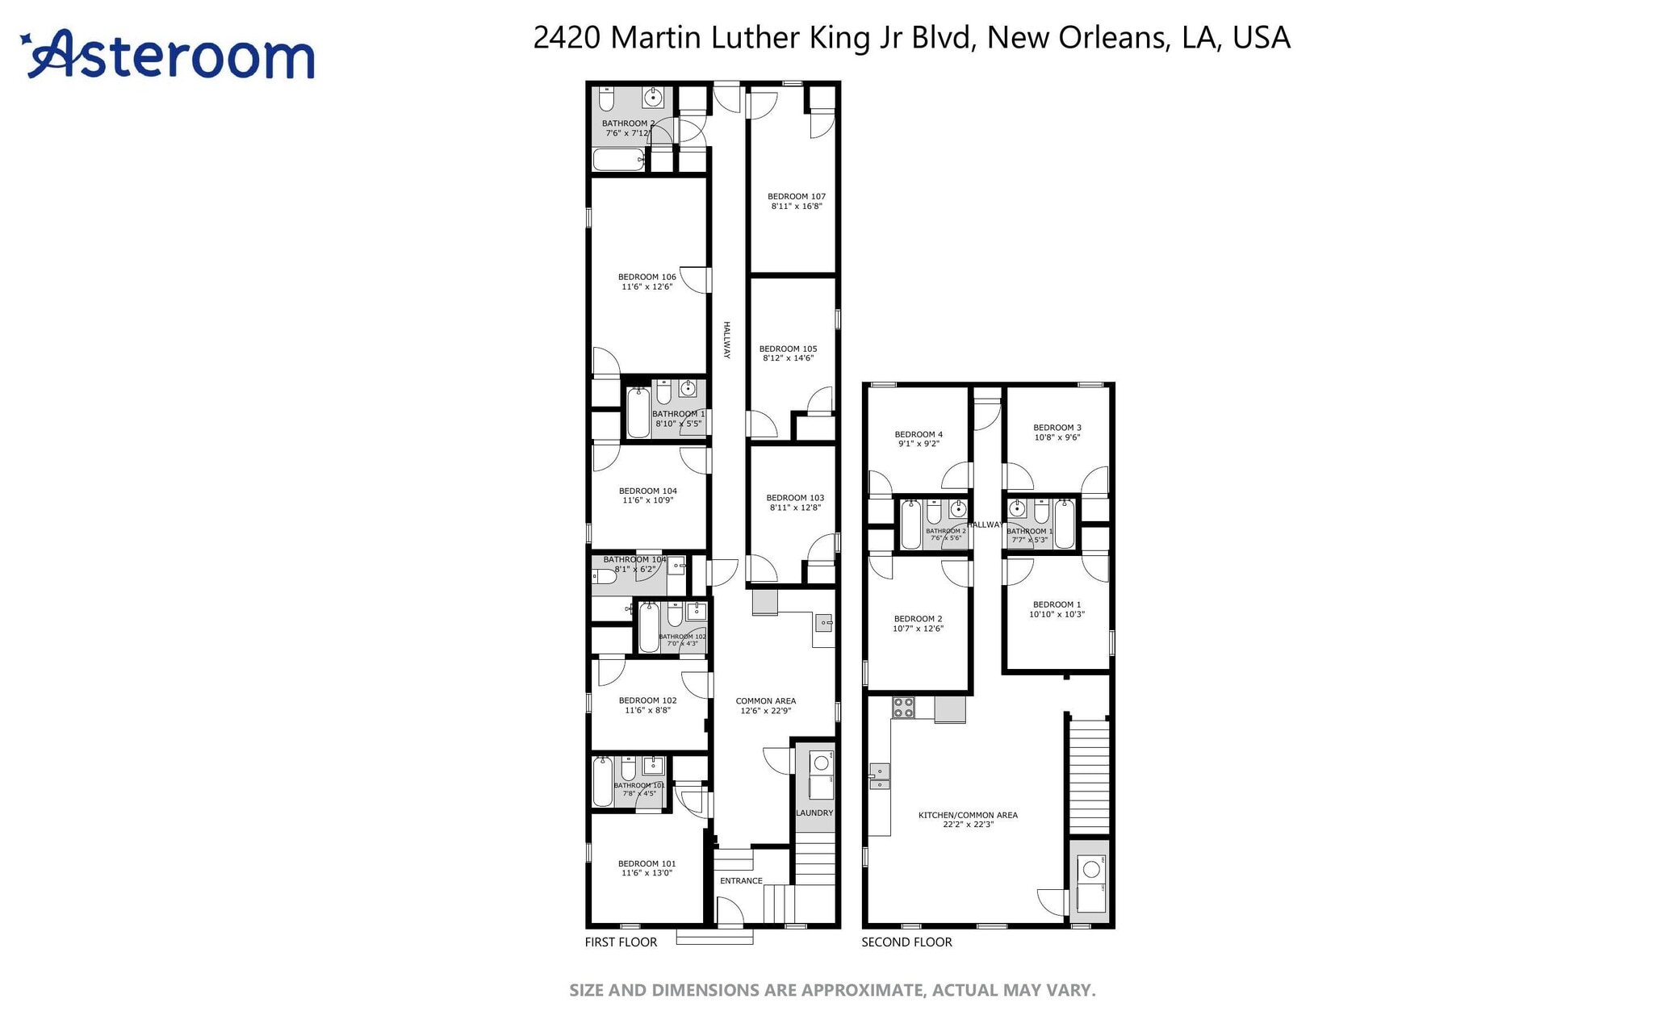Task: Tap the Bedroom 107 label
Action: (x=796, y=196)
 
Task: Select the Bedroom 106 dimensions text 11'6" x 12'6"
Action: (x=647, y=286)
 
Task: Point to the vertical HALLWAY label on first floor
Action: (x=726, y=340)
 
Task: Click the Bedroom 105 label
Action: (x=788, y=349)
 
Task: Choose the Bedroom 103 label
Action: (x=795, y=498)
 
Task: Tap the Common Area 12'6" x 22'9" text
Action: (x=765, y=711)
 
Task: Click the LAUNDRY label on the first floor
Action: (x=814, y=813)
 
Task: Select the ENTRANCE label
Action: (x=741, y=880)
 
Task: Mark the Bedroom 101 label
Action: (x=647, y=863)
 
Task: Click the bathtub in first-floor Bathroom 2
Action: (x=618, y=159)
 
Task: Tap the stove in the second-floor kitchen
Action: (x=903, y=708)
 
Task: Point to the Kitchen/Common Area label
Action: (x=968, y=815)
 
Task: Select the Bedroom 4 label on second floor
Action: (x=919, y=434)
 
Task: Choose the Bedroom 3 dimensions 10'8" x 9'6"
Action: (x=1057, y=437)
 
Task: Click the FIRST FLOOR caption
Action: (x=621, y=942)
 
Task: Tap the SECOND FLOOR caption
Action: (x=906, y=942)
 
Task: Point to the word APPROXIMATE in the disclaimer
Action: (x=860, y=990)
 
